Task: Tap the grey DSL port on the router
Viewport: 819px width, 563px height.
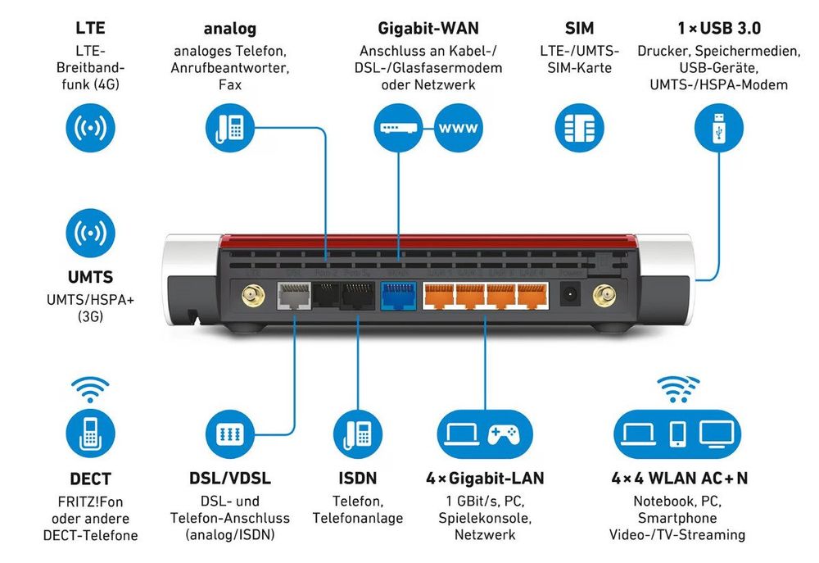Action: pos(293,293)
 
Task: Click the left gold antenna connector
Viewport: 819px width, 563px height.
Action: pos(246,293)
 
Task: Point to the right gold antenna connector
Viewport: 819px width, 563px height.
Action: pos(605,293)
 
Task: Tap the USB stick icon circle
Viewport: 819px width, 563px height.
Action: pos(718,128)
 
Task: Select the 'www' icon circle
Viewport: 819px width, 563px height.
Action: pos(459,128)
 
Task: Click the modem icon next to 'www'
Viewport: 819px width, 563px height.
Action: pos(398,128)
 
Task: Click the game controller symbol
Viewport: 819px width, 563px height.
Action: pos(505,434)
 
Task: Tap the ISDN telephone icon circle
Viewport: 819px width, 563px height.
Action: pos(358,434)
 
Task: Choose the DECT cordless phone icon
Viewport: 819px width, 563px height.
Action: pos(90,434)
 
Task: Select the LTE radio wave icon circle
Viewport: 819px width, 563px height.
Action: pos(90,128)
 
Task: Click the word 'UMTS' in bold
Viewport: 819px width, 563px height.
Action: pos(90,278)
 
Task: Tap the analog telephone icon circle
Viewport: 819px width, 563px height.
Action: pos(229,128)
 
